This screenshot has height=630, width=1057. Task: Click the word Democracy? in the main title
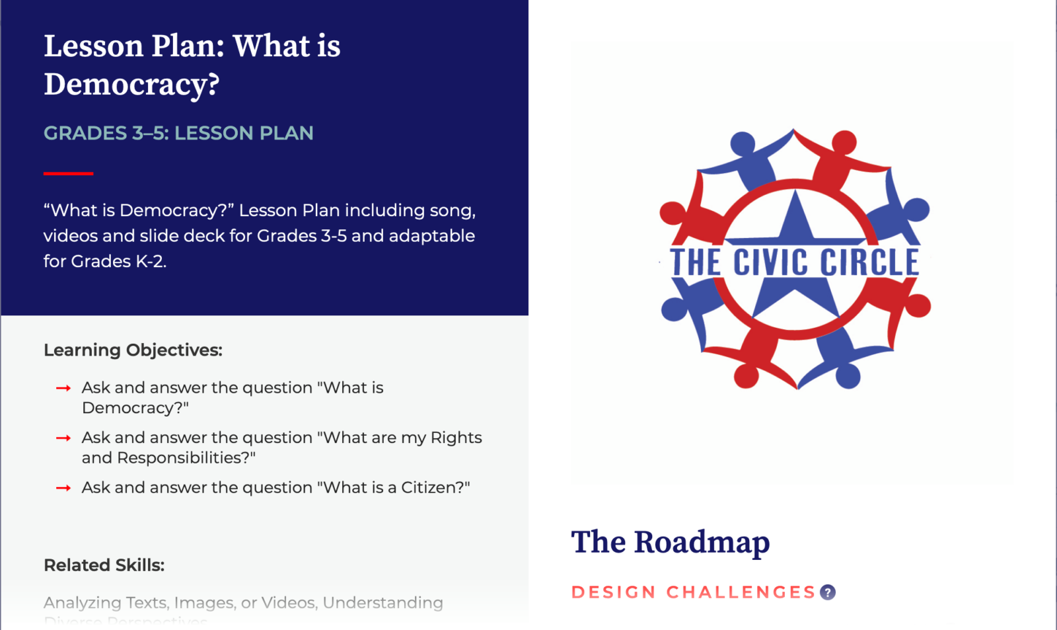click(131, 85)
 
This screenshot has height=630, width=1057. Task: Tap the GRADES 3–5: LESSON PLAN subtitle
click(178, 133)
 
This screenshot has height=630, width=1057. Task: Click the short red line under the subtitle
click(68, 173)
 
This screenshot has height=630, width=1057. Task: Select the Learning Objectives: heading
click(133, 350)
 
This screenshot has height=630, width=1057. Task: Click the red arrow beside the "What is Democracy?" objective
click(63, 388)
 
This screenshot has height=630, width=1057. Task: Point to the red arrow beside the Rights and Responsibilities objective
click(63, 438)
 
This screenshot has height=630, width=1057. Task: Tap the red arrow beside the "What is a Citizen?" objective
click(63, 488)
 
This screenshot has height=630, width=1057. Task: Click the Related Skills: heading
click(104, 565)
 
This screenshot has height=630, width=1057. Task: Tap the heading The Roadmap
click(670, 542)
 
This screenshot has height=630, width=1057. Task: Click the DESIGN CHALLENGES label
click(694, 592)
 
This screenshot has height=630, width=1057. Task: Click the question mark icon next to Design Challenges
click(828, 592)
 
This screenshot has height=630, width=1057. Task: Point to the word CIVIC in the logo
click(770, 262)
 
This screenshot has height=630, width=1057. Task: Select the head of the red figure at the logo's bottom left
click(747, 376)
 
